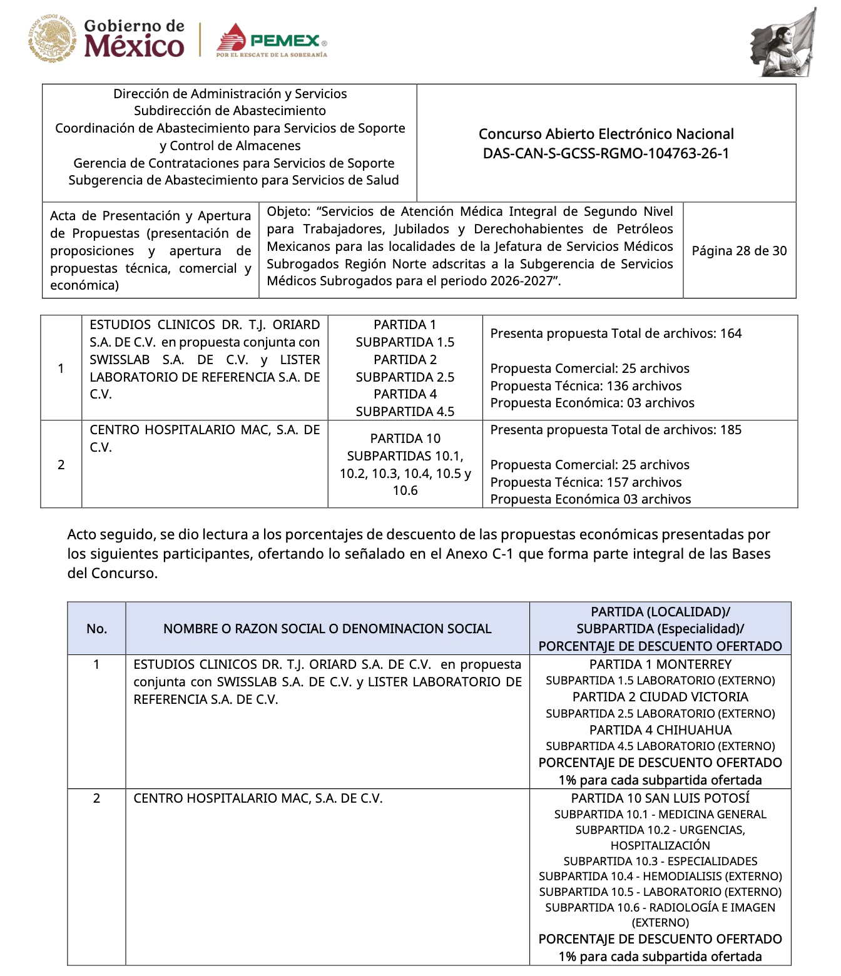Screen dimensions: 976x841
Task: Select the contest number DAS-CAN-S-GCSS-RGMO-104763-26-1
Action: click(606, 153)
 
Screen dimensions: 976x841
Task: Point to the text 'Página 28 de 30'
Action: click(739, 251)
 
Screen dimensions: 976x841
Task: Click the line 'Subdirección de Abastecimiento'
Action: click(230, 111)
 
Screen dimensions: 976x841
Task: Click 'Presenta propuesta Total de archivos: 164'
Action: click(616, 333)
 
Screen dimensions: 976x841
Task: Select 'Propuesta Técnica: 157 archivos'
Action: click(586, 482)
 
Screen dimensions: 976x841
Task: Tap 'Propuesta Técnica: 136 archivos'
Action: click(586, 386)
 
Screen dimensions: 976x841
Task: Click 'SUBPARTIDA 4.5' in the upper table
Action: click(405, 412)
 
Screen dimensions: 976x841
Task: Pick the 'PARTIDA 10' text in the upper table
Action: click(405, 439)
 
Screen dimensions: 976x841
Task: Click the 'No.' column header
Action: click(96, 629)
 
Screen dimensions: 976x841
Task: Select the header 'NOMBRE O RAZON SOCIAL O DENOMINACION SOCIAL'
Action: click(327, 629)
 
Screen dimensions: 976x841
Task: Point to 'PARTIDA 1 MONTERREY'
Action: click(660, 664)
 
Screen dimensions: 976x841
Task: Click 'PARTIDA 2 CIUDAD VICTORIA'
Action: click(660, 697)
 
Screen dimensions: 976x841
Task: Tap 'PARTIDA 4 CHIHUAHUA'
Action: click(660, 730)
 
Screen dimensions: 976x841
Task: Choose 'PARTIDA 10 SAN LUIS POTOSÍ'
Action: click(660, 798)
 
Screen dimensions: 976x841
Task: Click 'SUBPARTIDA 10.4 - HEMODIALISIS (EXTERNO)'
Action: click(660, 877)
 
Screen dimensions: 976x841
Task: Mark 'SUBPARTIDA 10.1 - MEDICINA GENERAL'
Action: click(660, 815)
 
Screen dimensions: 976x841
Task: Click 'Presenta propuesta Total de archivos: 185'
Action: click(616, 430)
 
